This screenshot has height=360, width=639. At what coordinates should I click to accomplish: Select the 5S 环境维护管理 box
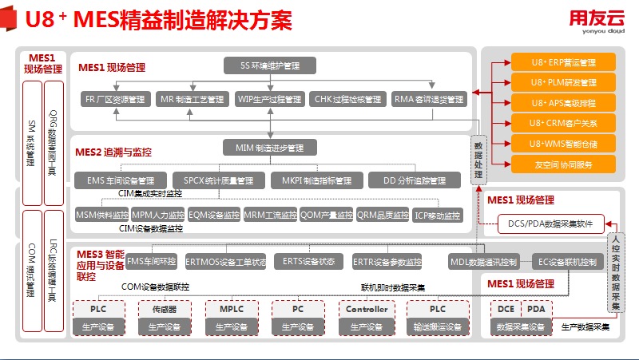pyautogui.click(x=270, y=65)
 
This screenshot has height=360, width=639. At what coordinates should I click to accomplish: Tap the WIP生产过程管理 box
pyautogui.click(x=270, y=100)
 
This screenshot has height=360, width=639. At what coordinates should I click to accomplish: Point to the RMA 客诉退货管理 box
pyautogui.click(x=428, y=100)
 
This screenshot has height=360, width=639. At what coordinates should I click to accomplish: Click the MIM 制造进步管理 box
pyautogui.click(x=270, y=148)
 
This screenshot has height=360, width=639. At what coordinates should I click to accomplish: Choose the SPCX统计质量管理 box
pyautogui.click(x=219, y=180)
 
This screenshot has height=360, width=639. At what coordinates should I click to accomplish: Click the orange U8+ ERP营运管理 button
pyautogui.click(x=563, y=62)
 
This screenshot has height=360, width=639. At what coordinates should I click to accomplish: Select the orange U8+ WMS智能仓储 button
pyautogui.click(x=563, y=144)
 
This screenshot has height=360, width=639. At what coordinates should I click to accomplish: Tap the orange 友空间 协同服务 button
pyautogui.click(x=563, y=164)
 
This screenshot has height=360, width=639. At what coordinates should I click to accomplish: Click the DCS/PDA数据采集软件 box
pyautogui.click(x=551, y=224)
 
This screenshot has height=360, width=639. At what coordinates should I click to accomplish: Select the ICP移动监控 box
pyautogui.click(x=438, y=216)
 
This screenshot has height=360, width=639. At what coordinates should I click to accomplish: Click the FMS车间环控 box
pyautogui.click(x=152, y=261)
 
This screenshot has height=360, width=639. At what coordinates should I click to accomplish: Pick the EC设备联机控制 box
pyautogui.click(x=567, y=261)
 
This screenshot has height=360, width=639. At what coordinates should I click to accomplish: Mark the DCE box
pyautogui.click(x=505, y=309)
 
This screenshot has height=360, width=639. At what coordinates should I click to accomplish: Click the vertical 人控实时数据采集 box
pyautogui.click(x=615, y=271)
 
